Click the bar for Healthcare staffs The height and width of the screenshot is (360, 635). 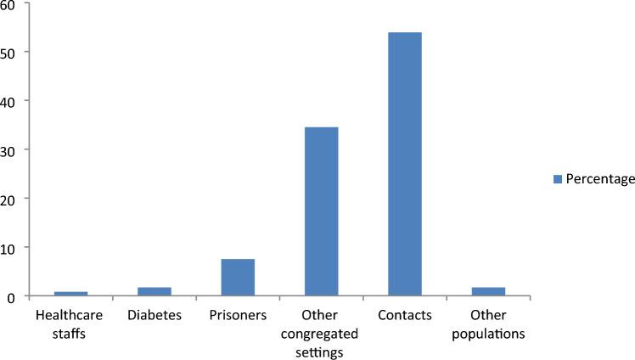70,294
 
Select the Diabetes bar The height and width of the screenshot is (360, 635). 154,292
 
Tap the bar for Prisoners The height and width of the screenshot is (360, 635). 238,278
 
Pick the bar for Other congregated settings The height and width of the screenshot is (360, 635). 321,211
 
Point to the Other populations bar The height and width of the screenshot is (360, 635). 488,292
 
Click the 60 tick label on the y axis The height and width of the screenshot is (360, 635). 9,4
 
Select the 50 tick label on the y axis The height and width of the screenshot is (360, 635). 9,52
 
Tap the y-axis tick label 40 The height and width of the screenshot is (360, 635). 9,101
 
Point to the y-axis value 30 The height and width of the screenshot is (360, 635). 9,150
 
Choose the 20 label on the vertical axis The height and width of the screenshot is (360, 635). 9,199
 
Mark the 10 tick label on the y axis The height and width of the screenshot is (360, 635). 9,248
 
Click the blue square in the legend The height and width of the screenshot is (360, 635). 557,178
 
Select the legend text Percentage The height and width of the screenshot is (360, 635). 598,178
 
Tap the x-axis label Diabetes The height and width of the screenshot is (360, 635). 154,315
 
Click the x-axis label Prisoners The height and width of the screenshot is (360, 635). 238,315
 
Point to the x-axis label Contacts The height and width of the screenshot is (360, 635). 405,315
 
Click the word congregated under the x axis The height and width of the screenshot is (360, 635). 321,333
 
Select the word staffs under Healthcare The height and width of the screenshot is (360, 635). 70,333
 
